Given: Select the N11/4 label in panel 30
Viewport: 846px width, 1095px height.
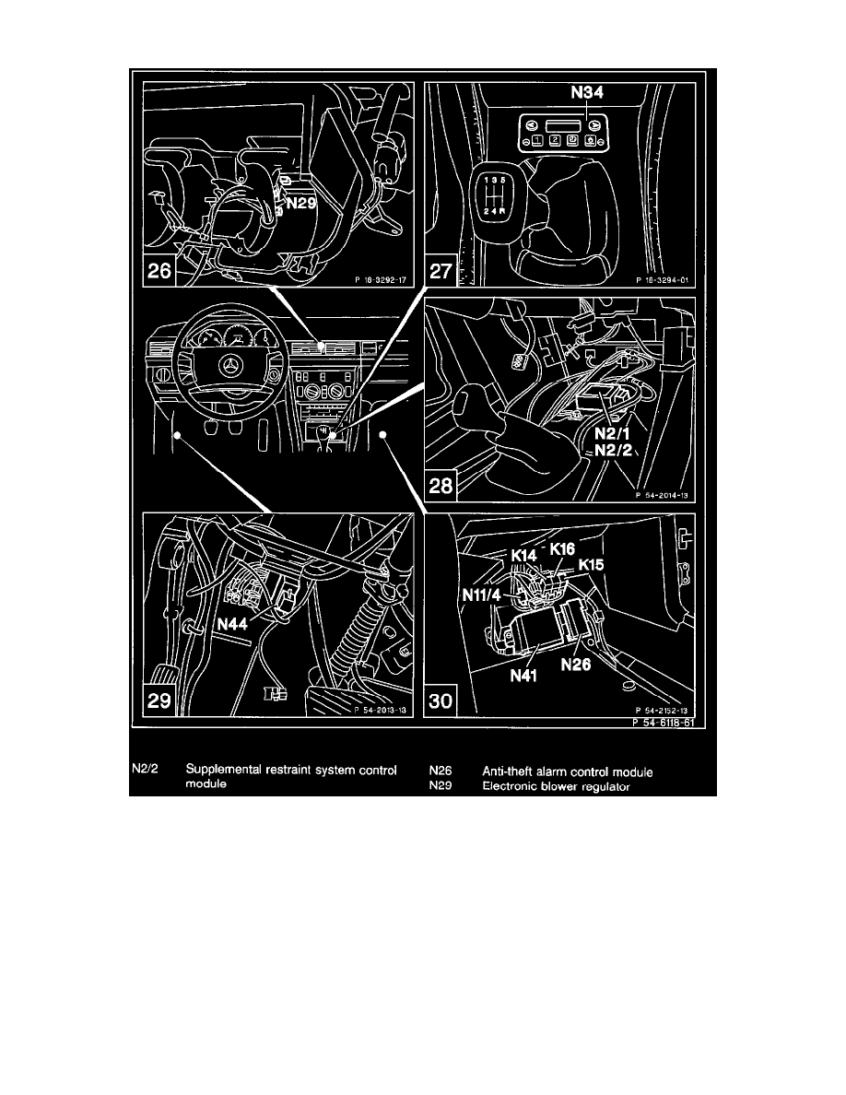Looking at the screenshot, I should (483, 595).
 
